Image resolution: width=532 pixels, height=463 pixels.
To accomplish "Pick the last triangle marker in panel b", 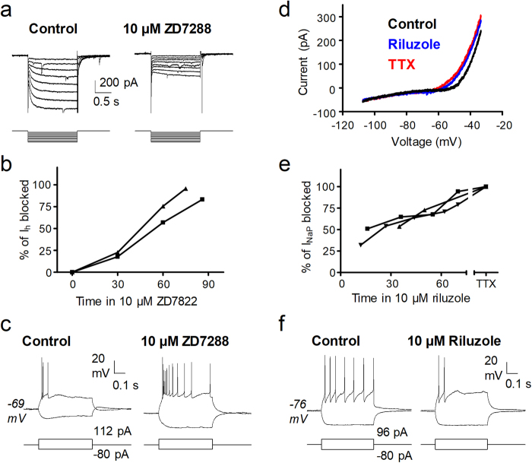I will pyautogui.click(x=185, y=188).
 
